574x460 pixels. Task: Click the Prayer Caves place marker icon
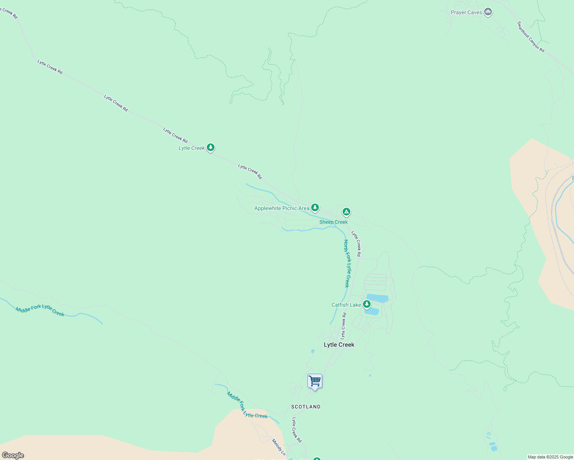(488, 12)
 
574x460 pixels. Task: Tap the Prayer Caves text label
(466, 13)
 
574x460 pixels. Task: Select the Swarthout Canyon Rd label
(531, 37)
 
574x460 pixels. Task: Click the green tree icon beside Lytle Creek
(210, 147)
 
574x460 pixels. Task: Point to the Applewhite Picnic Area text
(282, 209)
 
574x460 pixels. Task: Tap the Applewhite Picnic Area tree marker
(315, 208)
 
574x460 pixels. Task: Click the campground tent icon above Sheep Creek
(346, 212)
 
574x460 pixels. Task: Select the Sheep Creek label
(333, 222)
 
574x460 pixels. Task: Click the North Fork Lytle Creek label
(347, 263)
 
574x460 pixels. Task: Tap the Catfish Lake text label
(346, 305)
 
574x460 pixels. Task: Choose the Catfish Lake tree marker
(367, 304)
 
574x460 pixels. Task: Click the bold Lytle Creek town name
(339, 345)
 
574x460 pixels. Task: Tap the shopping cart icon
(315, 381)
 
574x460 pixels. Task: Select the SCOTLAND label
(306, 407)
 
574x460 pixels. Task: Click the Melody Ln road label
(279, 447)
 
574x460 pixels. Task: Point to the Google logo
(13, 455)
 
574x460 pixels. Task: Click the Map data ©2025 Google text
(550, 457)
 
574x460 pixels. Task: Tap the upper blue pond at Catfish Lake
(378, 298)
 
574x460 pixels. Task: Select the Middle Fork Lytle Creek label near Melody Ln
(247, 405)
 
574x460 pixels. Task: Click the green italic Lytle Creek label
(192, 148)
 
